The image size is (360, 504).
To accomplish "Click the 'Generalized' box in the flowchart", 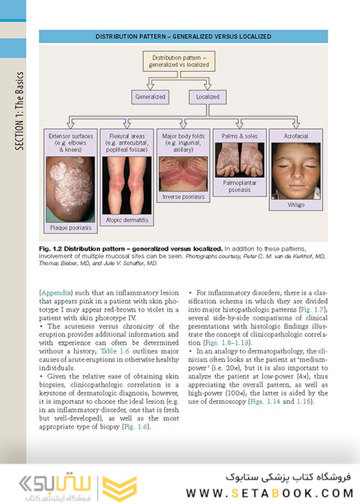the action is [150, 96].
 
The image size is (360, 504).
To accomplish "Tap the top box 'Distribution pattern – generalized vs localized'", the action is [180, 61].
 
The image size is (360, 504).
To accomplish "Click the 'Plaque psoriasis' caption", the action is [69, 228].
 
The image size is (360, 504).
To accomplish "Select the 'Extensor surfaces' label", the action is [69, 135].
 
